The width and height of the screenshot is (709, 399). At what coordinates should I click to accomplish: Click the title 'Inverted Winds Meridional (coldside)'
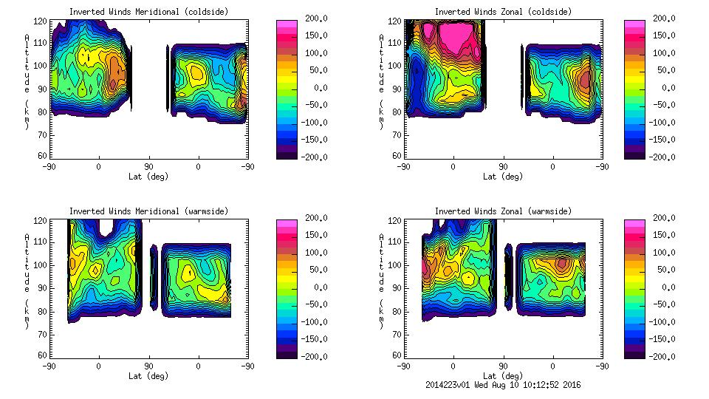coord(148,12)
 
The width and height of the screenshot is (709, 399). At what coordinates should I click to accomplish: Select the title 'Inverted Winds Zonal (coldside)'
coord(502,12)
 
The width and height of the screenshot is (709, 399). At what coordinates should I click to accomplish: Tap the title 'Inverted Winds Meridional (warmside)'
coord(148,211)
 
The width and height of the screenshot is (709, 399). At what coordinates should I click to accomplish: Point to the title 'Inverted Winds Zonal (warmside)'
coord(502,211)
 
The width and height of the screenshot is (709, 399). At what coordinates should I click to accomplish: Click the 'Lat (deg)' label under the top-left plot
coord(148,177)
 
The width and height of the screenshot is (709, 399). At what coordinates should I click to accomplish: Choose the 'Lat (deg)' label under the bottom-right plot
coord(502,375)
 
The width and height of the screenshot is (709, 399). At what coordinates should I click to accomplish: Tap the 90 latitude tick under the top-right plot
coord(503,167)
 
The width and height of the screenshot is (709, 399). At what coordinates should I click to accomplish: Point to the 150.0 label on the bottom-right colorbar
coord(664,235)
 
